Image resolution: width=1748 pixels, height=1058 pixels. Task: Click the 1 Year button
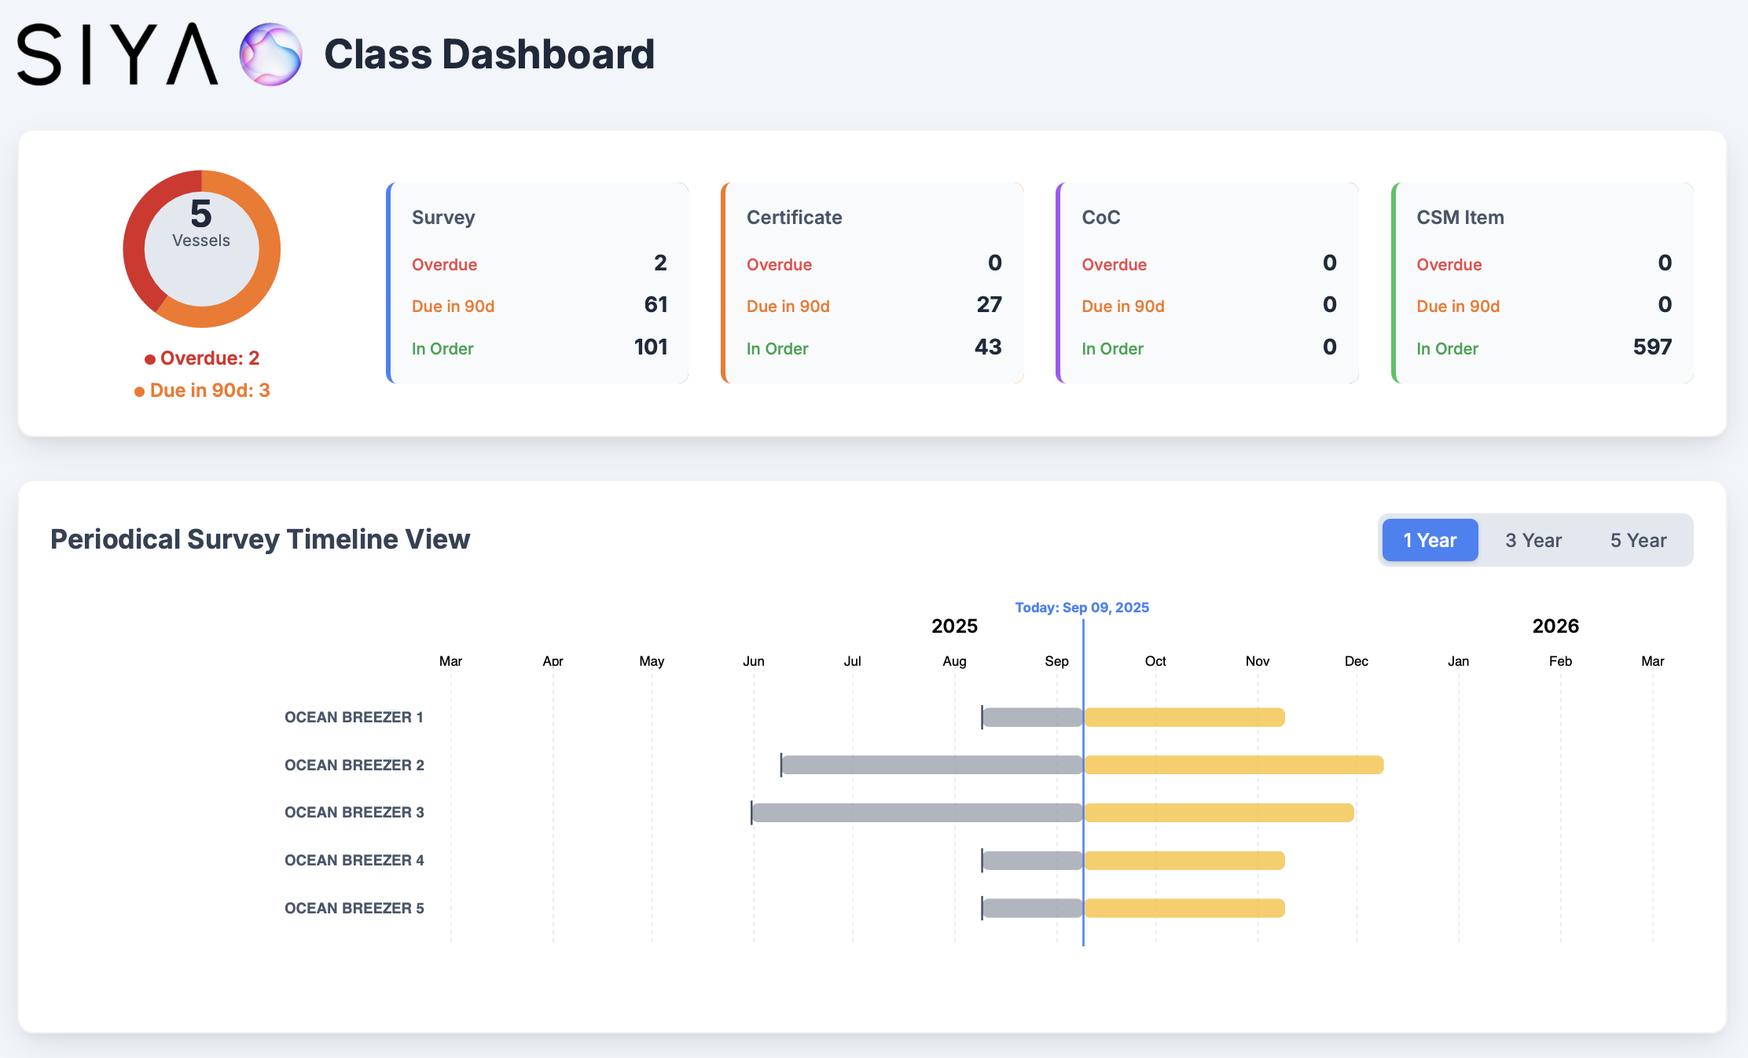click(1430, 540)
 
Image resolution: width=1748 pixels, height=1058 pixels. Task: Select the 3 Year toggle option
click(1533, 540)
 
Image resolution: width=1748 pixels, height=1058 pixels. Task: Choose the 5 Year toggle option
click(1638, 540)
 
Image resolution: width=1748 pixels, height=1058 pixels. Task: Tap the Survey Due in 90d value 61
click(655, 305)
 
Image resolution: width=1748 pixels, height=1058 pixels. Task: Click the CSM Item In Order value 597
click(1652, 347)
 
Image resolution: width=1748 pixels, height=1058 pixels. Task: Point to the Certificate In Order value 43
click(988, 347)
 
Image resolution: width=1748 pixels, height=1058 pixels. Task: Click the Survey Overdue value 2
click(660, 263)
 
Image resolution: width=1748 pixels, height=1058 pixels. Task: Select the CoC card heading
click(1100, 218)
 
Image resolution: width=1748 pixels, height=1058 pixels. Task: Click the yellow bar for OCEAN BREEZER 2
click(1233, 765)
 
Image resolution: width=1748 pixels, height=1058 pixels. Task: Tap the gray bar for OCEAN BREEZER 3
click(917, 813)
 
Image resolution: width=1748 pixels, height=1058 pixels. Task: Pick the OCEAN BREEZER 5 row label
click(354, 908)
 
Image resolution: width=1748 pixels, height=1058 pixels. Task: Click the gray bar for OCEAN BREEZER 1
click(1033, 717)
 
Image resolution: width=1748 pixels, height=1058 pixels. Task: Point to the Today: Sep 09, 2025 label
click(1081, 608)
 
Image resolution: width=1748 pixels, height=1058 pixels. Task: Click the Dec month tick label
click(1356, 661)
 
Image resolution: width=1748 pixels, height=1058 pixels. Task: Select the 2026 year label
click(1555, 626)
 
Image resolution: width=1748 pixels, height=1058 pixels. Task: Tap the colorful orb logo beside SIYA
click(270, 54)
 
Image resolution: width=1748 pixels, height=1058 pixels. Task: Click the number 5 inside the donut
click(201, 214)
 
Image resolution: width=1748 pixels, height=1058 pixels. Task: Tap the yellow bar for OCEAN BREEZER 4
click(1184, 861)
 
